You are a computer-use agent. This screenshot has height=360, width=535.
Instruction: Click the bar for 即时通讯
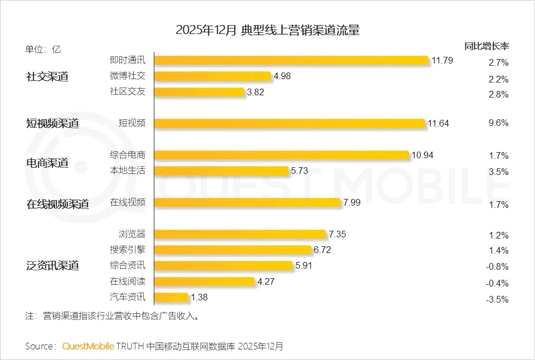coord(291,61)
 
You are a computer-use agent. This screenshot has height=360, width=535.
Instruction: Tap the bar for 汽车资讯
coord(171,298)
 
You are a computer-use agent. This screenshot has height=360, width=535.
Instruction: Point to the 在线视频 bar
coord(247,202)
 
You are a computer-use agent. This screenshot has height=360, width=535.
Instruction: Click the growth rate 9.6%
coord(497,123)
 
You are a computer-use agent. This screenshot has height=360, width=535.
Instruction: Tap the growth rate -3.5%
coord(497,299)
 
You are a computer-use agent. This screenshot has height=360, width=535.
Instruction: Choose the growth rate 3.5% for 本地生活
coord(497,172)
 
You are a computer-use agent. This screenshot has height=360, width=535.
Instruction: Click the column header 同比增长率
coord(487,46)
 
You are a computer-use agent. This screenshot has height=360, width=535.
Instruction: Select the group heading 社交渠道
coord(47,77)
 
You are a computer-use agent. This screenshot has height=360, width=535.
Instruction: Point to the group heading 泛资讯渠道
coord(52,266)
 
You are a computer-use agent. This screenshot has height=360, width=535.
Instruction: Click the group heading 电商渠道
coord(47,163)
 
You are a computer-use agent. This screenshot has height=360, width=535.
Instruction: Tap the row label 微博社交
coord(128,76)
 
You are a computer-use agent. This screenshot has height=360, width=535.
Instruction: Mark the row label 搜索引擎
coord(128,250)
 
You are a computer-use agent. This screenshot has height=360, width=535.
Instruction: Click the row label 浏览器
coord(132,234)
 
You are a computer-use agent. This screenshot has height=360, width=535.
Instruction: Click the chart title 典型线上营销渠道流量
coord(300,30)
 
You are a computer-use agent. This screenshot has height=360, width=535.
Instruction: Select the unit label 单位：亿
coord(43,49)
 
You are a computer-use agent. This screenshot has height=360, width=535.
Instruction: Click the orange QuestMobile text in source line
coord(88,346)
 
